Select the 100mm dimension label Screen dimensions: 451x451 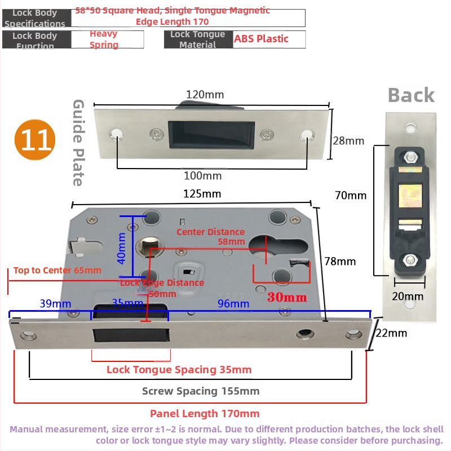(204, 176)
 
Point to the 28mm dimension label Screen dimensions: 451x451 (348, 141)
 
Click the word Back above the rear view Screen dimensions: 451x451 (411, 95)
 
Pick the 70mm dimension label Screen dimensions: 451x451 (351, 196)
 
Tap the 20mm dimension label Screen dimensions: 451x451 (408, 296)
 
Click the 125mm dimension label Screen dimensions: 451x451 (202, 194)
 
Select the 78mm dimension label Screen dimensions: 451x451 (340, 262)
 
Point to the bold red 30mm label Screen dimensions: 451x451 (287, 297)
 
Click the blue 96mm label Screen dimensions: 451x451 (233, 304)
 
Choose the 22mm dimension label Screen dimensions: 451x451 (391, 333)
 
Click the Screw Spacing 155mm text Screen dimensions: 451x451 (201, 391)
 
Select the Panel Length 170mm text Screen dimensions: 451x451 (205, 413)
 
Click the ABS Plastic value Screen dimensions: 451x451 (261, 39)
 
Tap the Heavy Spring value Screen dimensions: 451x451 (104, 39)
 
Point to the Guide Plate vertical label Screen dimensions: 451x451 (78, 143)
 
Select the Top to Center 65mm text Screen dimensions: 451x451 (58, 270)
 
